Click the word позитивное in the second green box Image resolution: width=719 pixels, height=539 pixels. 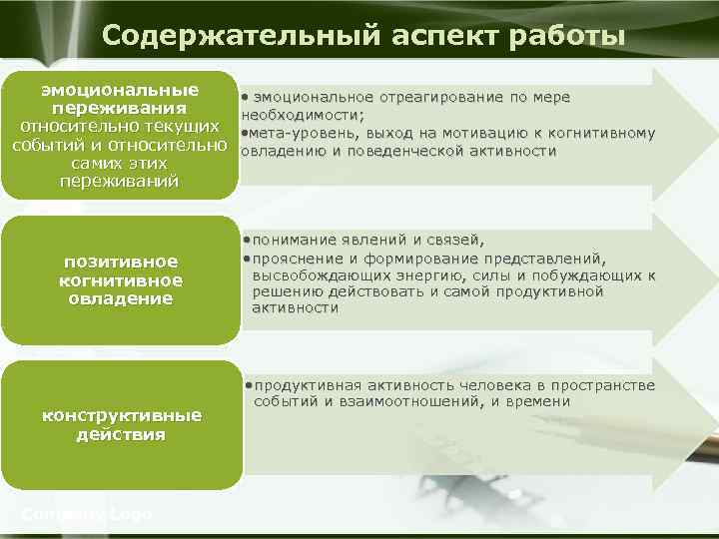point(121,262)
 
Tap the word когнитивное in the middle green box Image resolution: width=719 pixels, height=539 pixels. point(121,280)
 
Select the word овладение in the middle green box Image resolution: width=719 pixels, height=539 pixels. point(121,298)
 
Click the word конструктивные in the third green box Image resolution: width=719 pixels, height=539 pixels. point(121,415)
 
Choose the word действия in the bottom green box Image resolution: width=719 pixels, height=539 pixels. point(121,434)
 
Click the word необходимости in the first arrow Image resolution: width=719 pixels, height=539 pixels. point(302,115)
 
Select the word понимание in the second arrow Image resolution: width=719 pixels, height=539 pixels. point(292,241)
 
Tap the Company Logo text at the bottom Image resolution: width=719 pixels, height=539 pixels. point(87,514)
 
